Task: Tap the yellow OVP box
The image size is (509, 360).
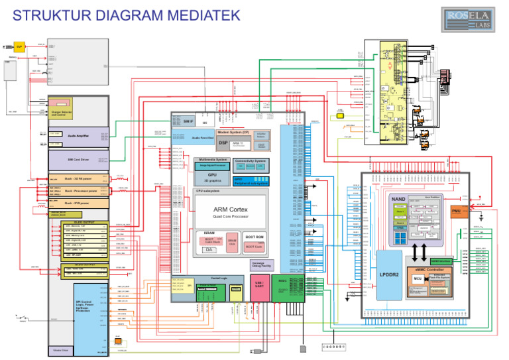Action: coord(19,46)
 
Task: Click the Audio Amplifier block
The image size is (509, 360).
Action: coord(78,136)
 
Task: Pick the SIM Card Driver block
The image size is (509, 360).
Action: coord(78,159)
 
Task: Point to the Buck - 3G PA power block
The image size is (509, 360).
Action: coord(78,179)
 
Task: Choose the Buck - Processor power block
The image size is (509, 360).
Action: coord(78,191)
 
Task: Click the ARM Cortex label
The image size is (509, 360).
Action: coord(230,210)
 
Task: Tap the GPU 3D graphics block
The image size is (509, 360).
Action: coord(212,177)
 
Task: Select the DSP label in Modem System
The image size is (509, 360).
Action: coord(223,143)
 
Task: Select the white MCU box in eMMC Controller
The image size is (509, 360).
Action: coord(418,278)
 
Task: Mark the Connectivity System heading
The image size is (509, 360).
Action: coord(251,160)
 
